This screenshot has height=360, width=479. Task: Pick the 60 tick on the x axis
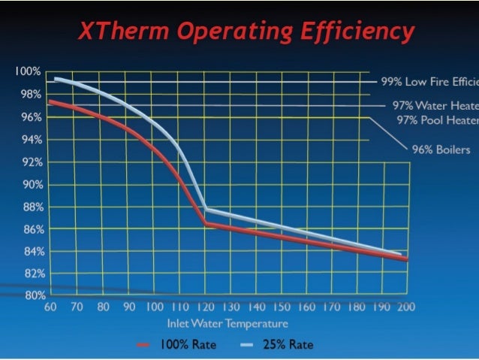pyautogui.click(x=50, y=307)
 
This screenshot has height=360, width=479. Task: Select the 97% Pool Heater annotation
pyautogui.click(x=437, y=119)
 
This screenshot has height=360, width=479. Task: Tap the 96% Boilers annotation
pyautogui.click(x=441, y=150)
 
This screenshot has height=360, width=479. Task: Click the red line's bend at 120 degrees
pyautogui.click(x=205, y=223)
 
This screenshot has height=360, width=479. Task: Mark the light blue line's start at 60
pyautogui.click(x=55, y=78)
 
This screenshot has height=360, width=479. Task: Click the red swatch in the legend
pyautogui.click(x=145, y=345)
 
